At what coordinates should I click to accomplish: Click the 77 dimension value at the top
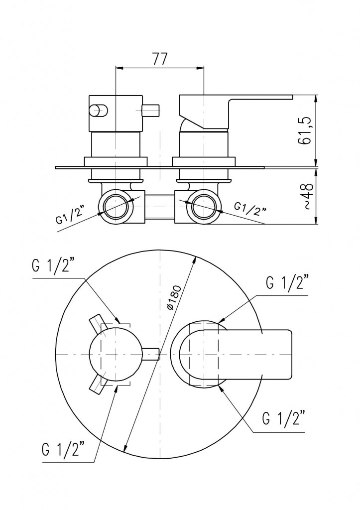(x=160, y=59)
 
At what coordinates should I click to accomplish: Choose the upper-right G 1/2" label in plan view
(x=286, y=282)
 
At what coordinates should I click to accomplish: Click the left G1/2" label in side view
(x=70, y=215)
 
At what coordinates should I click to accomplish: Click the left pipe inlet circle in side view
(x=116, y=207)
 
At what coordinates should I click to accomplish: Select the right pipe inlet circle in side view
(x=203, y=207)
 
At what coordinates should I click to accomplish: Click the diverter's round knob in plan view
(x=116, y=354)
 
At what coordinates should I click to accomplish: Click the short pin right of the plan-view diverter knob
(x=150, y=354)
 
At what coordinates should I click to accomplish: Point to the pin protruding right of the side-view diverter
(x=151, y=111)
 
